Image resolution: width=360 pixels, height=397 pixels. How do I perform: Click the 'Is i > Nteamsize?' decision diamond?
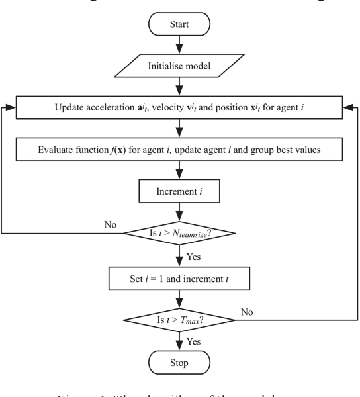pos(179,232)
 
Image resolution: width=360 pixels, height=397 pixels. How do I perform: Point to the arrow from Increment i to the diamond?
pos(179,213)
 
